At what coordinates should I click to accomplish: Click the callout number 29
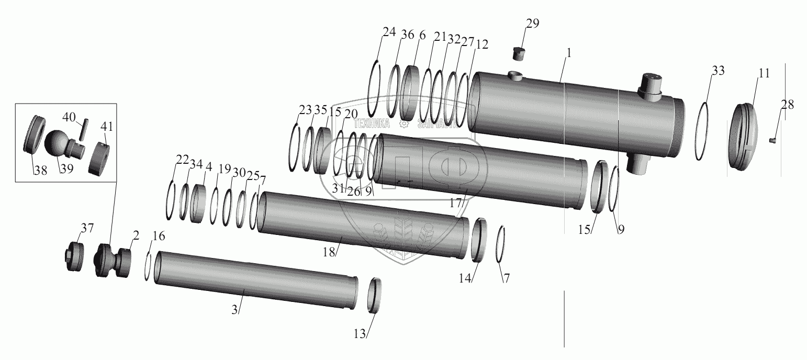click(x=532, y=24)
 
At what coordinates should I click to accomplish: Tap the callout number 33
click(x=718, y=71)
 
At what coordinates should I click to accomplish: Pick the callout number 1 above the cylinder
click(x=569, y=53)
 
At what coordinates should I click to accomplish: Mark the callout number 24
click(x=389, y=32)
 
